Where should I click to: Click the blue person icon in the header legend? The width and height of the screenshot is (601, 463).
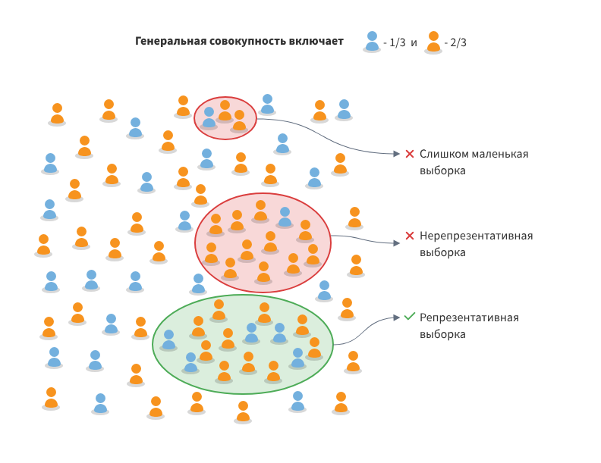[372, 42]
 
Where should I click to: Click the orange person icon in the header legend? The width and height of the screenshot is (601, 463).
[433, 42]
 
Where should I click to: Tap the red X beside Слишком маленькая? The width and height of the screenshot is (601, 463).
[410, 154]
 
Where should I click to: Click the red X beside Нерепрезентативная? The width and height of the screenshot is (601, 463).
[410, 236]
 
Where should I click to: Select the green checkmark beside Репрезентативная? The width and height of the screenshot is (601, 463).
[410, 317]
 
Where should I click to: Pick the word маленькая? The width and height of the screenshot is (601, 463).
[499, 154]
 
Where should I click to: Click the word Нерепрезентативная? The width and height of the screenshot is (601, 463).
[476, 236]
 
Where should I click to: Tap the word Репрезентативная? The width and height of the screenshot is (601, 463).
[469, 318]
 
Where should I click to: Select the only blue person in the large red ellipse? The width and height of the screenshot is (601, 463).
[285, 217]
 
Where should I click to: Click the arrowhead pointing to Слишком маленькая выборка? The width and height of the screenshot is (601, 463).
[396, 154]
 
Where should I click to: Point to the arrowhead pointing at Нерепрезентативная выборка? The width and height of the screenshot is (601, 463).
[396, 243]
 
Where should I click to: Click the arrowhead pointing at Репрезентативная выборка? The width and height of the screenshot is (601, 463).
[396, 317]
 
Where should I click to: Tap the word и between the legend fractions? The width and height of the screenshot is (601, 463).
[414, 42]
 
